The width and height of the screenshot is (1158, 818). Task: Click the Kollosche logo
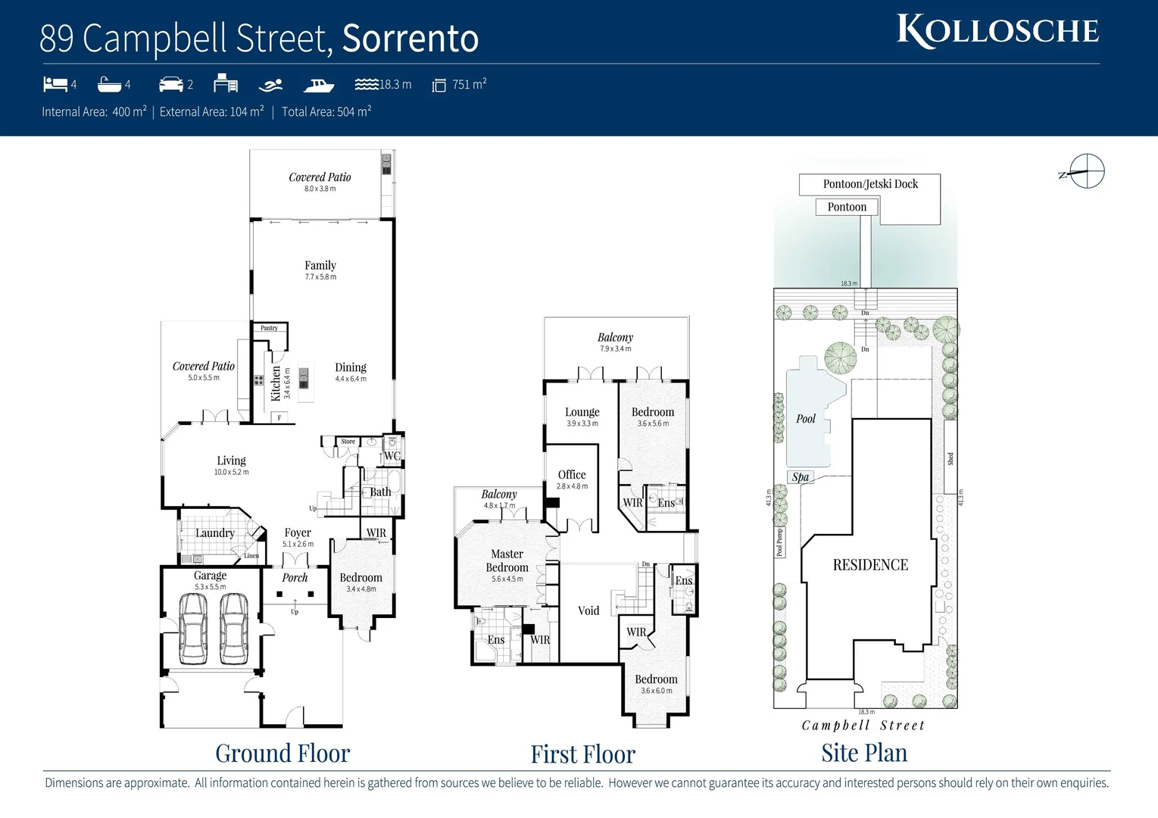(x=997, y=31)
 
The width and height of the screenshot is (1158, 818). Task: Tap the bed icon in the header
(x=55, y=84)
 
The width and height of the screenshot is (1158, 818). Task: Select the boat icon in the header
(x=319, y=84)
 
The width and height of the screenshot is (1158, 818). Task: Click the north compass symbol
(x=1086, y=172)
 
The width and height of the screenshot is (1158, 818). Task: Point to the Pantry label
(x=269, y=328)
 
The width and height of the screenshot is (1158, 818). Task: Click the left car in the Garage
(x=192, y=628)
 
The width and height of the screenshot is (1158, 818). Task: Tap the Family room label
(x=320, y=266)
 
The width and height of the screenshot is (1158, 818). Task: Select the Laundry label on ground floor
(x=214, y=533)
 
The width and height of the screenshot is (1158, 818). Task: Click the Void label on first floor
(x=588, y=610)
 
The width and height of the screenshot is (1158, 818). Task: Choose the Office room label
(x=572, y=475)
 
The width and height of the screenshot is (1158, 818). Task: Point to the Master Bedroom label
(x=507, y=561)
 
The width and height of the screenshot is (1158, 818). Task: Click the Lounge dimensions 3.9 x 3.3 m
(x=582, y=424)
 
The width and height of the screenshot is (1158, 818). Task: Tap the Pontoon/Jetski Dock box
(x=870, y=184)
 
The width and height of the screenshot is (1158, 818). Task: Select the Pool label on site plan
(x=806, y=419)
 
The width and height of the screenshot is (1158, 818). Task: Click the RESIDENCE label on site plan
(x=870, y=565)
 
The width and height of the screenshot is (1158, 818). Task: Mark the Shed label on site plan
(x=950, y=459)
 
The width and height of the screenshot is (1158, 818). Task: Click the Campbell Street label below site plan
(x=863, y=726)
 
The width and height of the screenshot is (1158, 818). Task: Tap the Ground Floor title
(x=282, y=754)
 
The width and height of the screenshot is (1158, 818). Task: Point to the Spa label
(x=801, y=477)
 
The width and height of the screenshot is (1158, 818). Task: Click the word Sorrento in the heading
(x=410, y=38)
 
